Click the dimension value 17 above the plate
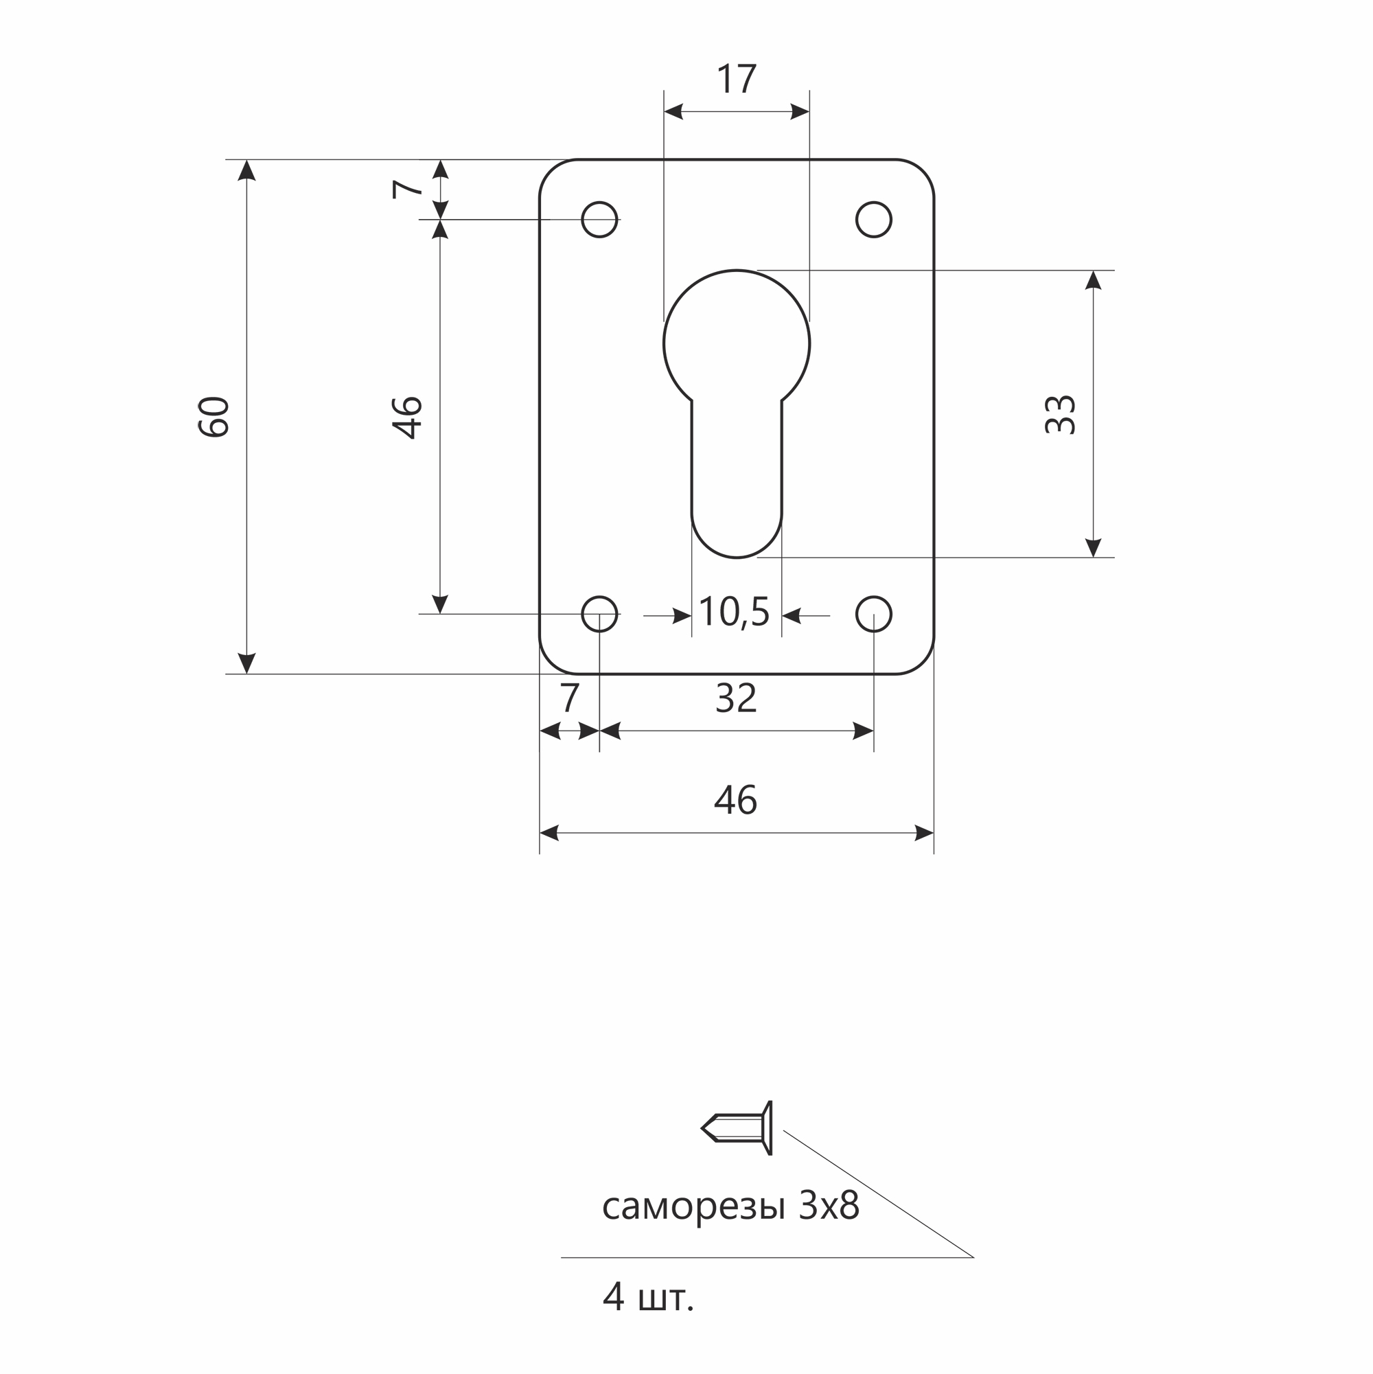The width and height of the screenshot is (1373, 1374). pyautogui.click(x=737, y=78)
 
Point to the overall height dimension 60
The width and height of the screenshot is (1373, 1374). pyautogui.click(x=214, y=416)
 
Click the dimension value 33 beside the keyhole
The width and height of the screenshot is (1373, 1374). pyautogui.click(x=1059, y=414)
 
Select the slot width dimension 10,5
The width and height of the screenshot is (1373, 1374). pyautogui.click(x=735, y=612)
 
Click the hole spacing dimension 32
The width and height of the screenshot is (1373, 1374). pyautogui.click(x=736, y=698)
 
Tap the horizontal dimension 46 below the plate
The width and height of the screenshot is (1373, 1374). pyautogui.click(x=736, y=799)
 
